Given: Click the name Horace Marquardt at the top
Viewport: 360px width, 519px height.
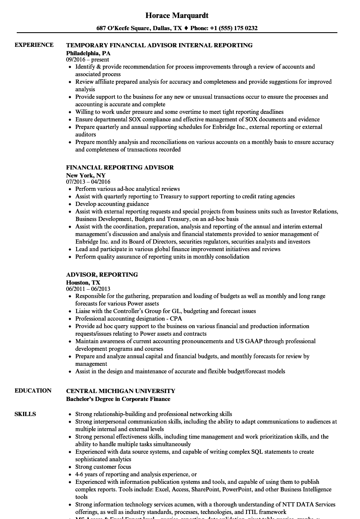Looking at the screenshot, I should (177, 15).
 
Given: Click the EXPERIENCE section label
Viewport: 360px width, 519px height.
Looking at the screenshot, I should (34, 45).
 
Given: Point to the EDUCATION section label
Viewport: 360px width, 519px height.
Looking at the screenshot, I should (33, 391).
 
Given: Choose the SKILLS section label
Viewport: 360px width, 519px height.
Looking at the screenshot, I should (25, 414).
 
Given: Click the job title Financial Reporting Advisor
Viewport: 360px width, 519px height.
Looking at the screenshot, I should (120, 167).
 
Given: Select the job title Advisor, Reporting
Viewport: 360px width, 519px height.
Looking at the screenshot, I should (102, 275).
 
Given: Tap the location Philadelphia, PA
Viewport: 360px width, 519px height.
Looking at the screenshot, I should (88, 53).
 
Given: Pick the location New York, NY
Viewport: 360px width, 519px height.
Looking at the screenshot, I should (86, 175).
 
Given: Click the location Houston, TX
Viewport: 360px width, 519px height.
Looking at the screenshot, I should (83, 283).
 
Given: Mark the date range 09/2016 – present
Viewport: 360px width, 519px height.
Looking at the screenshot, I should (87, 60).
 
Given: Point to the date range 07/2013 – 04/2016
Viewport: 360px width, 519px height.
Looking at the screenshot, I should (88, 182).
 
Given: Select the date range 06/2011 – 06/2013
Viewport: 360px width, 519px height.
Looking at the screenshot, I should (88, 289).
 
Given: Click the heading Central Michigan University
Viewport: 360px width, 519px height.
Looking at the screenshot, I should (121, 391).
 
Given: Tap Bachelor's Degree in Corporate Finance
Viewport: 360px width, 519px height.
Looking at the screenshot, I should (118, 399).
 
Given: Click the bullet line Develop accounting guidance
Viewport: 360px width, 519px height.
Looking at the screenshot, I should (112, 204).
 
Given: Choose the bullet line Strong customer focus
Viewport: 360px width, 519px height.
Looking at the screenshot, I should (103, 467).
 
